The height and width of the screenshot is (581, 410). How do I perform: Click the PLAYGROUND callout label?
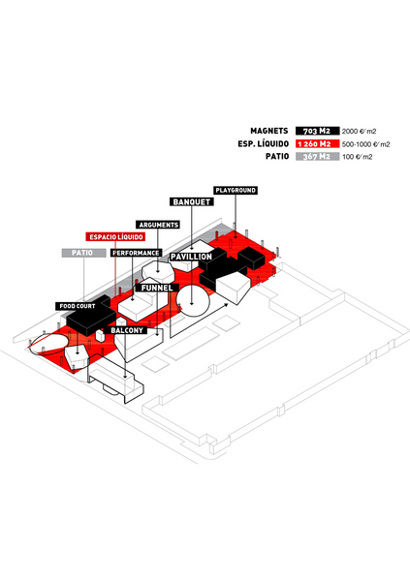(x=236, y=190)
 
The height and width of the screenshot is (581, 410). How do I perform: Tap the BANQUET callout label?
(x=192, y=202)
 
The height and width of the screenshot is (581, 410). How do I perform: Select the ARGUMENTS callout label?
(x=158, y=225)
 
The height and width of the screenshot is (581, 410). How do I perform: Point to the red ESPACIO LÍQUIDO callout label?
(x=115, y=237)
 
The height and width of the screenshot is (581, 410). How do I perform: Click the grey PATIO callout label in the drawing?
(x=83, y=253)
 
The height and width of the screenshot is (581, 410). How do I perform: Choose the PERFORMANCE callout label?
(x=136, y=253)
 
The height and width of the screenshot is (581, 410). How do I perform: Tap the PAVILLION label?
(x=191, y=257)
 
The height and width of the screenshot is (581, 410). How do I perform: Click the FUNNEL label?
(x=157, y=288)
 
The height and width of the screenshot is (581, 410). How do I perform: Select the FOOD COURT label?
(x=78, y=306)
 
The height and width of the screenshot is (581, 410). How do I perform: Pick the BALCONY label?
(x=127, y=330)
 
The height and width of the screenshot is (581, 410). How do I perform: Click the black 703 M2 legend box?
(x=317, y=131)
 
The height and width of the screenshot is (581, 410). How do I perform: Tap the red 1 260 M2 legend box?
(x=317, y=143)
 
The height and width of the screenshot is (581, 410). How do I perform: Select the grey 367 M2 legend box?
(x=317, y=156)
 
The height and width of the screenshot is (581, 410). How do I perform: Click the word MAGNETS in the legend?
(x=269, y=131)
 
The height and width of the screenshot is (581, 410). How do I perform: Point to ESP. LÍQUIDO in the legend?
(x=263, y=143)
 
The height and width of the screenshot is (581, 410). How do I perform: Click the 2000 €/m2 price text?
(x=360, y=131)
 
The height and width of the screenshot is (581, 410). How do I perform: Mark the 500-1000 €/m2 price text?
(x=365, y=144)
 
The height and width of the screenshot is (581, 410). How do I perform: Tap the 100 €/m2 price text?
(x=358, y=157)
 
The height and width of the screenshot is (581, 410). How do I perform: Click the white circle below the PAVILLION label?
(x=193, y=300)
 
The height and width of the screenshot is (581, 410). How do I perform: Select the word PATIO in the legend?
(x=277, y=156)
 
